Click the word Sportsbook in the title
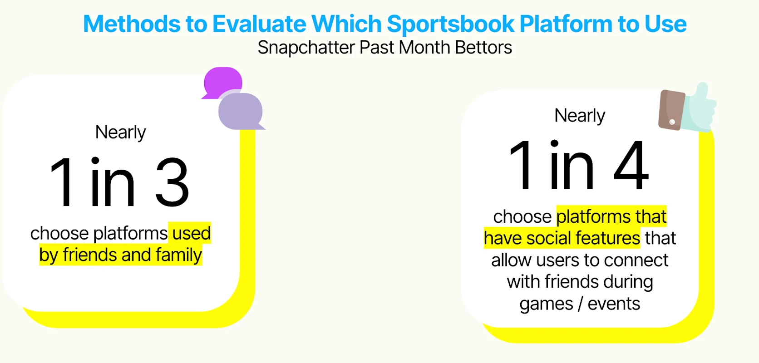(450, 25)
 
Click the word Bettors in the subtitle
(483, 47)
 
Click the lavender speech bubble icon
(241, 112)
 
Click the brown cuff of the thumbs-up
(671, 110)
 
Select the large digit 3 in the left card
(172, 182)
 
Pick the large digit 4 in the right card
(631, 165)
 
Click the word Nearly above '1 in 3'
(121, 132)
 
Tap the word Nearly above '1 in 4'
(580, 116)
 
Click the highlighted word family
(179, 255)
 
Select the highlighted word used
(192, 233)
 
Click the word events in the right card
(614, 304)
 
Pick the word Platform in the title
(566, 25)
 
